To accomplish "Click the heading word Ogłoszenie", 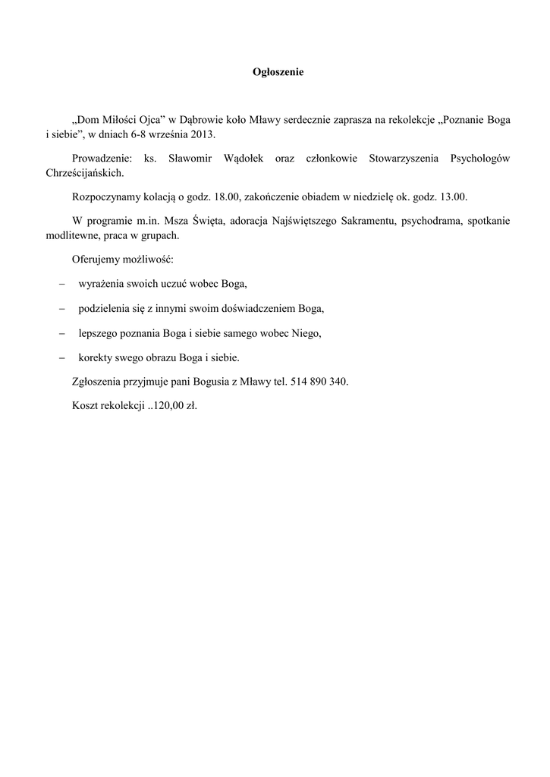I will pyautogui.click(x=278, y=73).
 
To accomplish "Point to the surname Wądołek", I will pyautogui.click(x=250, y=159).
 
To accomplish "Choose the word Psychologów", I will pyautogui.click(x=480, y=159).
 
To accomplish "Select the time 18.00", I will pyautogui.click(x=225, y=197).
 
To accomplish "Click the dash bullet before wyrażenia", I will pyautogui.click(x=61, y=284).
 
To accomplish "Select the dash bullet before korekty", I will pyautogui.click(x=61, y=357).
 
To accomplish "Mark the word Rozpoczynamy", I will pyautogui.click(x=105, y=197).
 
